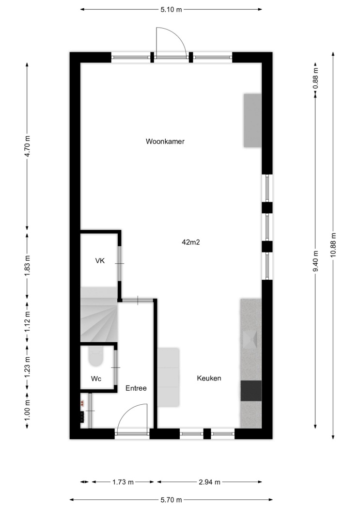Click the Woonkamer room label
[x=165, y=142]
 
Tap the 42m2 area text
[x=191, y=242]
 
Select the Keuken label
[x=209, y=378]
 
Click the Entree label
[x=136, y=388]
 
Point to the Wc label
[x=96, y=379]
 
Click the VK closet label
[x=100, y=261]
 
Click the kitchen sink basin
[x=250, y=339]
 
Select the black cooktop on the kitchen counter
[x=251, y=391]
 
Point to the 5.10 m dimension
[x=171, y=9]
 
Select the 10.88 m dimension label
[x=333, y=245]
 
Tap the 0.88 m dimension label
[x=315, y=78]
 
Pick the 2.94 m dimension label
[x=209, y=482]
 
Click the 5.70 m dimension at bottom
[x=171, y=500]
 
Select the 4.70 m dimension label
[x=27, y=146]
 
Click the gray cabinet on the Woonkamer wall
[x=252, y=120]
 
